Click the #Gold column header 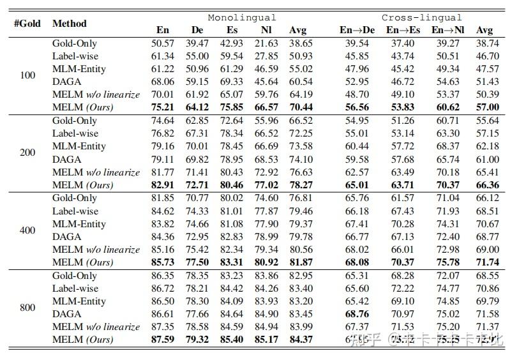click(27, 24)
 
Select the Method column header click(70, 24)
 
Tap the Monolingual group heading click(242, 18)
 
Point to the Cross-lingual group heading click(421, 18)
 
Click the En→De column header click(357, 30)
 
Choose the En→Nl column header click(447, 30)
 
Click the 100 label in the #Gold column click(27, 75)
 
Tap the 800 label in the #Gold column click(27, 308)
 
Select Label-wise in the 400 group click(75, 211)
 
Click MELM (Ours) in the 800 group click(83, 340)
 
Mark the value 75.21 click(163, 107)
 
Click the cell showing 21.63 click(266, 43)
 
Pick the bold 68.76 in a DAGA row click(357, 314)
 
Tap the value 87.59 click(163, 340)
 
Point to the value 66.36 click(488, 185)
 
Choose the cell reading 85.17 click(266, 340)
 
